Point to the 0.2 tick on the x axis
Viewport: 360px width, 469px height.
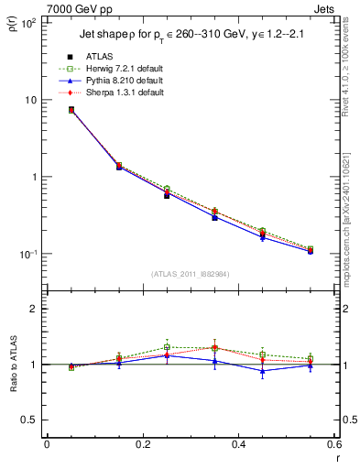[142, 444]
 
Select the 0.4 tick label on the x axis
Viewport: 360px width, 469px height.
[238, 444]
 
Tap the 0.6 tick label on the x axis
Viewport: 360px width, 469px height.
[333, 444]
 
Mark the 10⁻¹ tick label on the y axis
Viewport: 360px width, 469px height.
[27, 254]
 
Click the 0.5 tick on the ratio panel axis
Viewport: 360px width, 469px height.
[29, 420]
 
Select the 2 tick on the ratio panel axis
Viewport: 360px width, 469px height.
[33, 309]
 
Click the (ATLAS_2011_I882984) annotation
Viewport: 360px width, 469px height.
[190, 274]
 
